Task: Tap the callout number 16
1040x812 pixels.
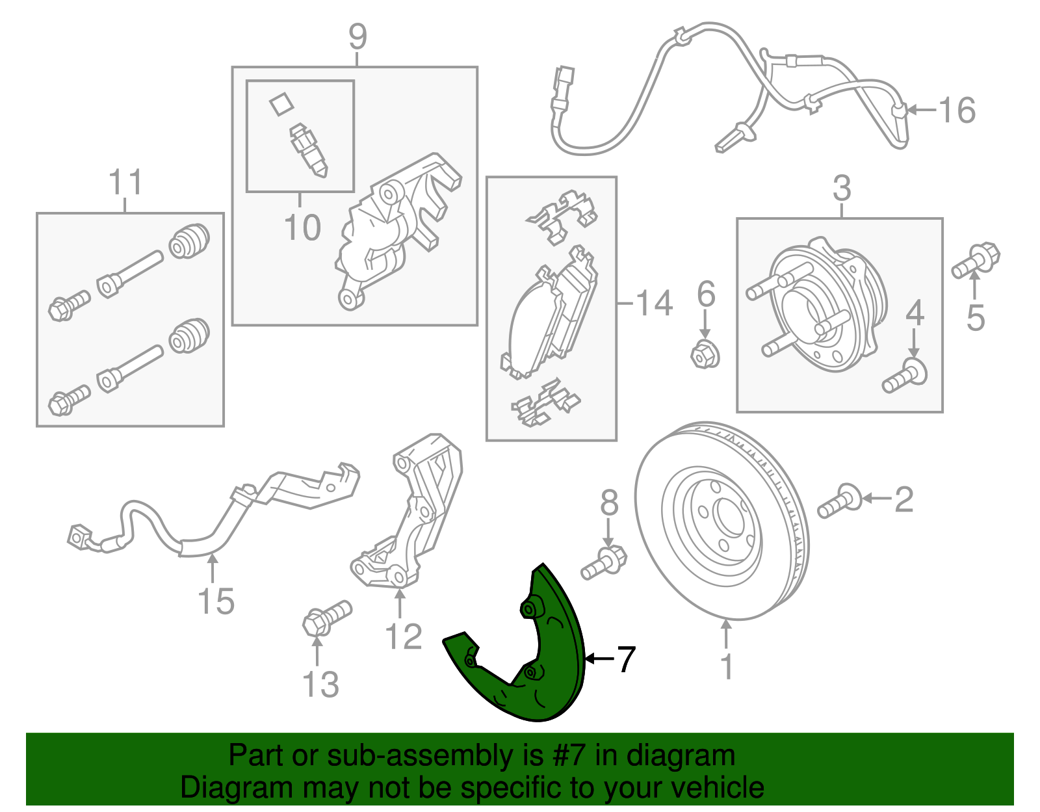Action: coord(957,111)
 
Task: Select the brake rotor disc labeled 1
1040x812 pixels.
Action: coord(721,520)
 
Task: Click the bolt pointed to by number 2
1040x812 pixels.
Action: coord(838,501)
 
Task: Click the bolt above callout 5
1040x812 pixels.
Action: coord(975,260)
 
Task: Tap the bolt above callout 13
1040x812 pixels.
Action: coord(326,618)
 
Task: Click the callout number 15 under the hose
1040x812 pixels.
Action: coord(216,601)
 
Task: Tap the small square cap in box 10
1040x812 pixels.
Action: coord(281,104)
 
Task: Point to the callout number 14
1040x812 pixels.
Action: coord(653,304)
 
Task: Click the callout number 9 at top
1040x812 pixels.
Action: coord(357,37)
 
